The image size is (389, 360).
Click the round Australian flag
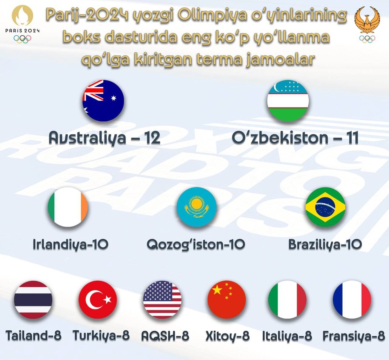(x=103, y=100)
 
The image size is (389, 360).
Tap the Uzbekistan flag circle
(x=288, y=100)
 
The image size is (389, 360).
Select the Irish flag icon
(x=68, y=207)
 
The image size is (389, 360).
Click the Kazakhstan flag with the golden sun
(x=196, y=207)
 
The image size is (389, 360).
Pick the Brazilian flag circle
(x=325, y=207)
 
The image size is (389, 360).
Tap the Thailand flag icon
(x=33, y=300)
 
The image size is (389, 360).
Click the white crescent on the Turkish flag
(x=93, y=300)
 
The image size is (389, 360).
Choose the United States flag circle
(x=162, y=300)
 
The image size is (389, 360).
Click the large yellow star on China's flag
(x=217, y=289)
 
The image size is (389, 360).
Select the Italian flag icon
(x=287, y=300)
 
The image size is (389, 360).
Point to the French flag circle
(x=352, y=300)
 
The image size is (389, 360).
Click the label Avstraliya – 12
(x=104, y=138)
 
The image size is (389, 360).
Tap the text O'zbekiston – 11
(x=295, y=138)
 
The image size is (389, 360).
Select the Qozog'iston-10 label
(x=196, y=245)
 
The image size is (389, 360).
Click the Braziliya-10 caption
(x=325, y=245)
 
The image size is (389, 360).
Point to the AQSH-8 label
(x=165, y=336)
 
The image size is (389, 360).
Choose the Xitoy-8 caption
(x=227, y=336)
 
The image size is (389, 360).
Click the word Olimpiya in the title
(x=213, y=15)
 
